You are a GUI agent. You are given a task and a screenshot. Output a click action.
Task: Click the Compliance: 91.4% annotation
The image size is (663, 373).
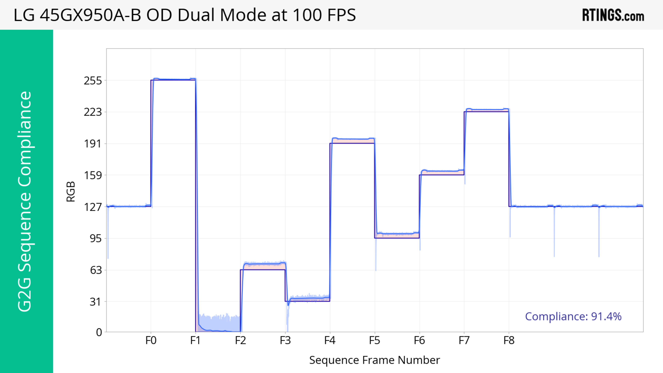tap(573, 316)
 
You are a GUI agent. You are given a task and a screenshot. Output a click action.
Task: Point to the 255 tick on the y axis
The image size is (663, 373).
tap(93, 81)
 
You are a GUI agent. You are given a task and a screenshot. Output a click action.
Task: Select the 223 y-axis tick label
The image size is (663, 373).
tap(93, 112)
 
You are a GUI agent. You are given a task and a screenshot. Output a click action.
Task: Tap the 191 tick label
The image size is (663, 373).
tap(93, 144)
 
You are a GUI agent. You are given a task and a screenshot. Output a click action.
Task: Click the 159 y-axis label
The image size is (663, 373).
tap(93, 175)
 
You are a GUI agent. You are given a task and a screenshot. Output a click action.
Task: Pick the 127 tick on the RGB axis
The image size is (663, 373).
tap(93, 207)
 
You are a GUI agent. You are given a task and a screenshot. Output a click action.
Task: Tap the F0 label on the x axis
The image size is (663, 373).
tap(151, 341)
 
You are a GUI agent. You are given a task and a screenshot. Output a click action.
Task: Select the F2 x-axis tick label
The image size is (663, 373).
tap(240, 341)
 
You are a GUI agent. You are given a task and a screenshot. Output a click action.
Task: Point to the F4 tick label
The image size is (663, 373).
tap(330, 341)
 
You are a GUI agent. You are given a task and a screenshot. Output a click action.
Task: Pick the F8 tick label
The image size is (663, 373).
tap(509, 341)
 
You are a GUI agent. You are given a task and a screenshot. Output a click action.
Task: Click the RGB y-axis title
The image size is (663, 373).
tap(71, 192)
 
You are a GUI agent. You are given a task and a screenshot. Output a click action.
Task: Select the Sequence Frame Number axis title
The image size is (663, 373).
tap(374, 360)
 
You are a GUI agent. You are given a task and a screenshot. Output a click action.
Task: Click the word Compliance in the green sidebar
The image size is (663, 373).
tap(25, 139)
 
